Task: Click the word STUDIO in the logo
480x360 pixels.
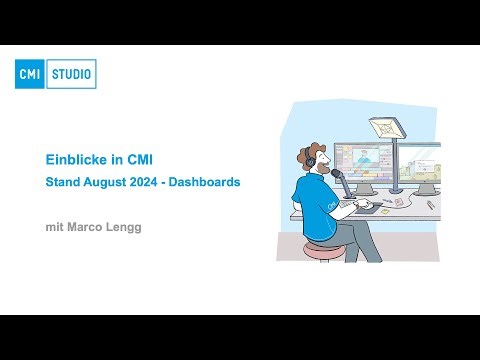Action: tap(72, 74)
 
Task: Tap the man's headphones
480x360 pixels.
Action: tap(311, 160)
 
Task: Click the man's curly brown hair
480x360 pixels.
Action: tap(312, 149)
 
